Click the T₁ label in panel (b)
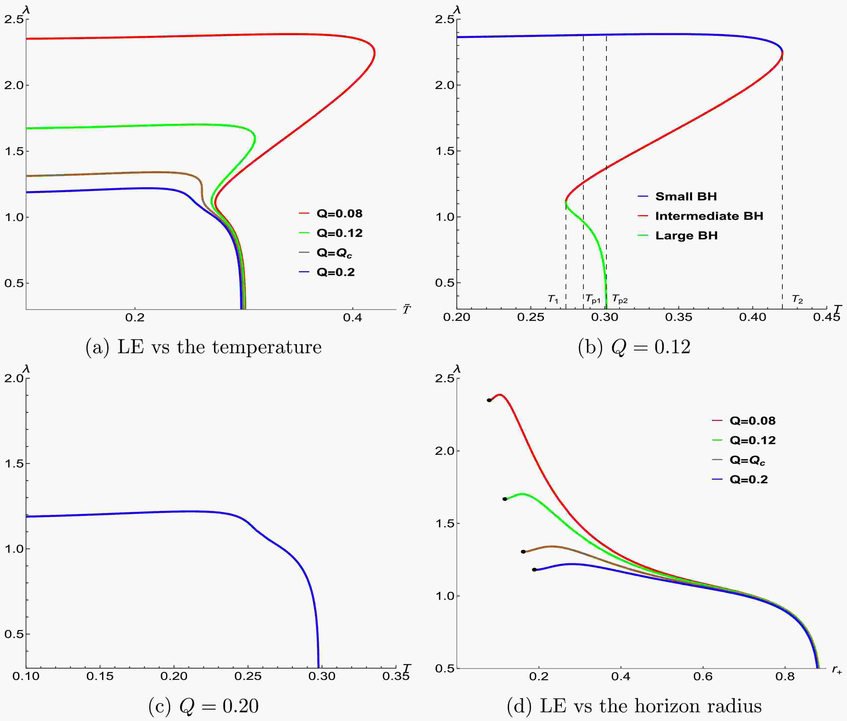click(553, 300)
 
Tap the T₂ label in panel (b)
click(797, 300)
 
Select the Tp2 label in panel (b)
click(620, 300)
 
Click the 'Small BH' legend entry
click(686, 197)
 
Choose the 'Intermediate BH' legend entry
click(709, 216)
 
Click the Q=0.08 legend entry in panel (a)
click(339, 214)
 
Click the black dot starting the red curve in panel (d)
click(489, 400)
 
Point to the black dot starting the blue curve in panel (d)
click(534, 570)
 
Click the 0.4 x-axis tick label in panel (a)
click(352, 318)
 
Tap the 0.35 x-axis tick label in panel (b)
click(679, 318)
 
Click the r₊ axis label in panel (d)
click(836, 670)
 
